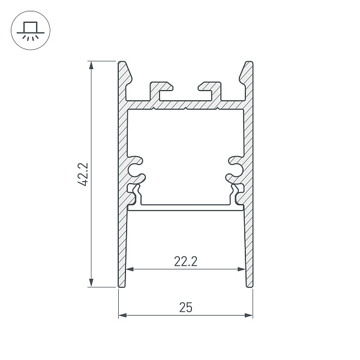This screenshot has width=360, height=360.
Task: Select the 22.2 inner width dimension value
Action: pyautogui.click(x=186, y=260)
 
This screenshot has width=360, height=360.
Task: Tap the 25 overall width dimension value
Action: pyautogui.click(x=185, y=307)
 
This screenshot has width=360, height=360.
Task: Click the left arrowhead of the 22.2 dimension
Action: pyautogui.click(x=130, y=269)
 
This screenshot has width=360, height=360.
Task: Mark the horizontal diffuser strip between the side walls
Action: pyautogui.click(x=185, y=208)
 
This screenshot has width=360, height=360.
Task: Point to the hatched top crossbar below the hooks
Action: pyautogui.click(x=186, y=104)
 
